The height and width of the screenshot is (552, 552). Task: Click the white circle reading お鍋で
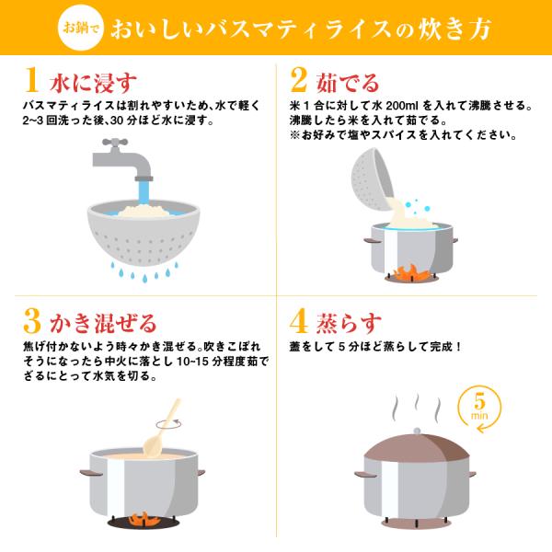tap(81, 28)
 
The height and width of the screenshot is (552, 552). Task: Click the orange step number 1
tap(31, 79)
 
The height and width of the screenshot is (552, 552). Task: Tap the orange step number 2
tap(298, 79)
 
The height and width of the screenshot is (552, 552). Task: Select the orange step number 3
tap(32, 321)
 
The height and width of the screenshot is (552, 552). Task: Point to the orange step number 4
tap(298, 321)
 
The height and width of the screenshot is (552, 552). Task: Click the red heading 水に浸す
tap(93, 83)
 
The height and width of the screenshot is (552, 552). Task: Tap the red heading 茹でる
tap(348, 83)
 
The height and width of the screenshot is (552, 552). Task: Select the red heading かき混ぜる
tap(103, 323)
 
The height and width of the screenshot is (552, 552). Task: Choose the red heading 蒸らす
tap(349, 323)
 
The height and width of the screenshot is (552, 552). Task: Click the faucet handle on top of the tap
tap(115, 143)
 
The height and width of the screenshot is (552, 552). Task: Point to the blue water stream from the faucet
tap(144, 192)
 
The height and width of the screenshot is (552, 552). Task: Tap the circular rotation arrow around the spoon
tap(168, 424)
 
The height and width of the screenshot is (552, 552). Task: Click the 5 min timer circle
tap(479, 408)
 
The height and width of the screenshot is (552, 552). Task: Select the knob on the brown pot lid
tap(417, 431)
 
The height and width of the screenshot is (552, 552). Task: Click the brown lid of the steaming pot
tap(417, 448)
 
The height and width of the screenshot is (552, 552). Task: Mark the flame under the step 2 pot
tap(410, 272)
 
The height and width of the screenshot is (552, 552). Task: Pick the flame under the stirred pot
tap(143, 520)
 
